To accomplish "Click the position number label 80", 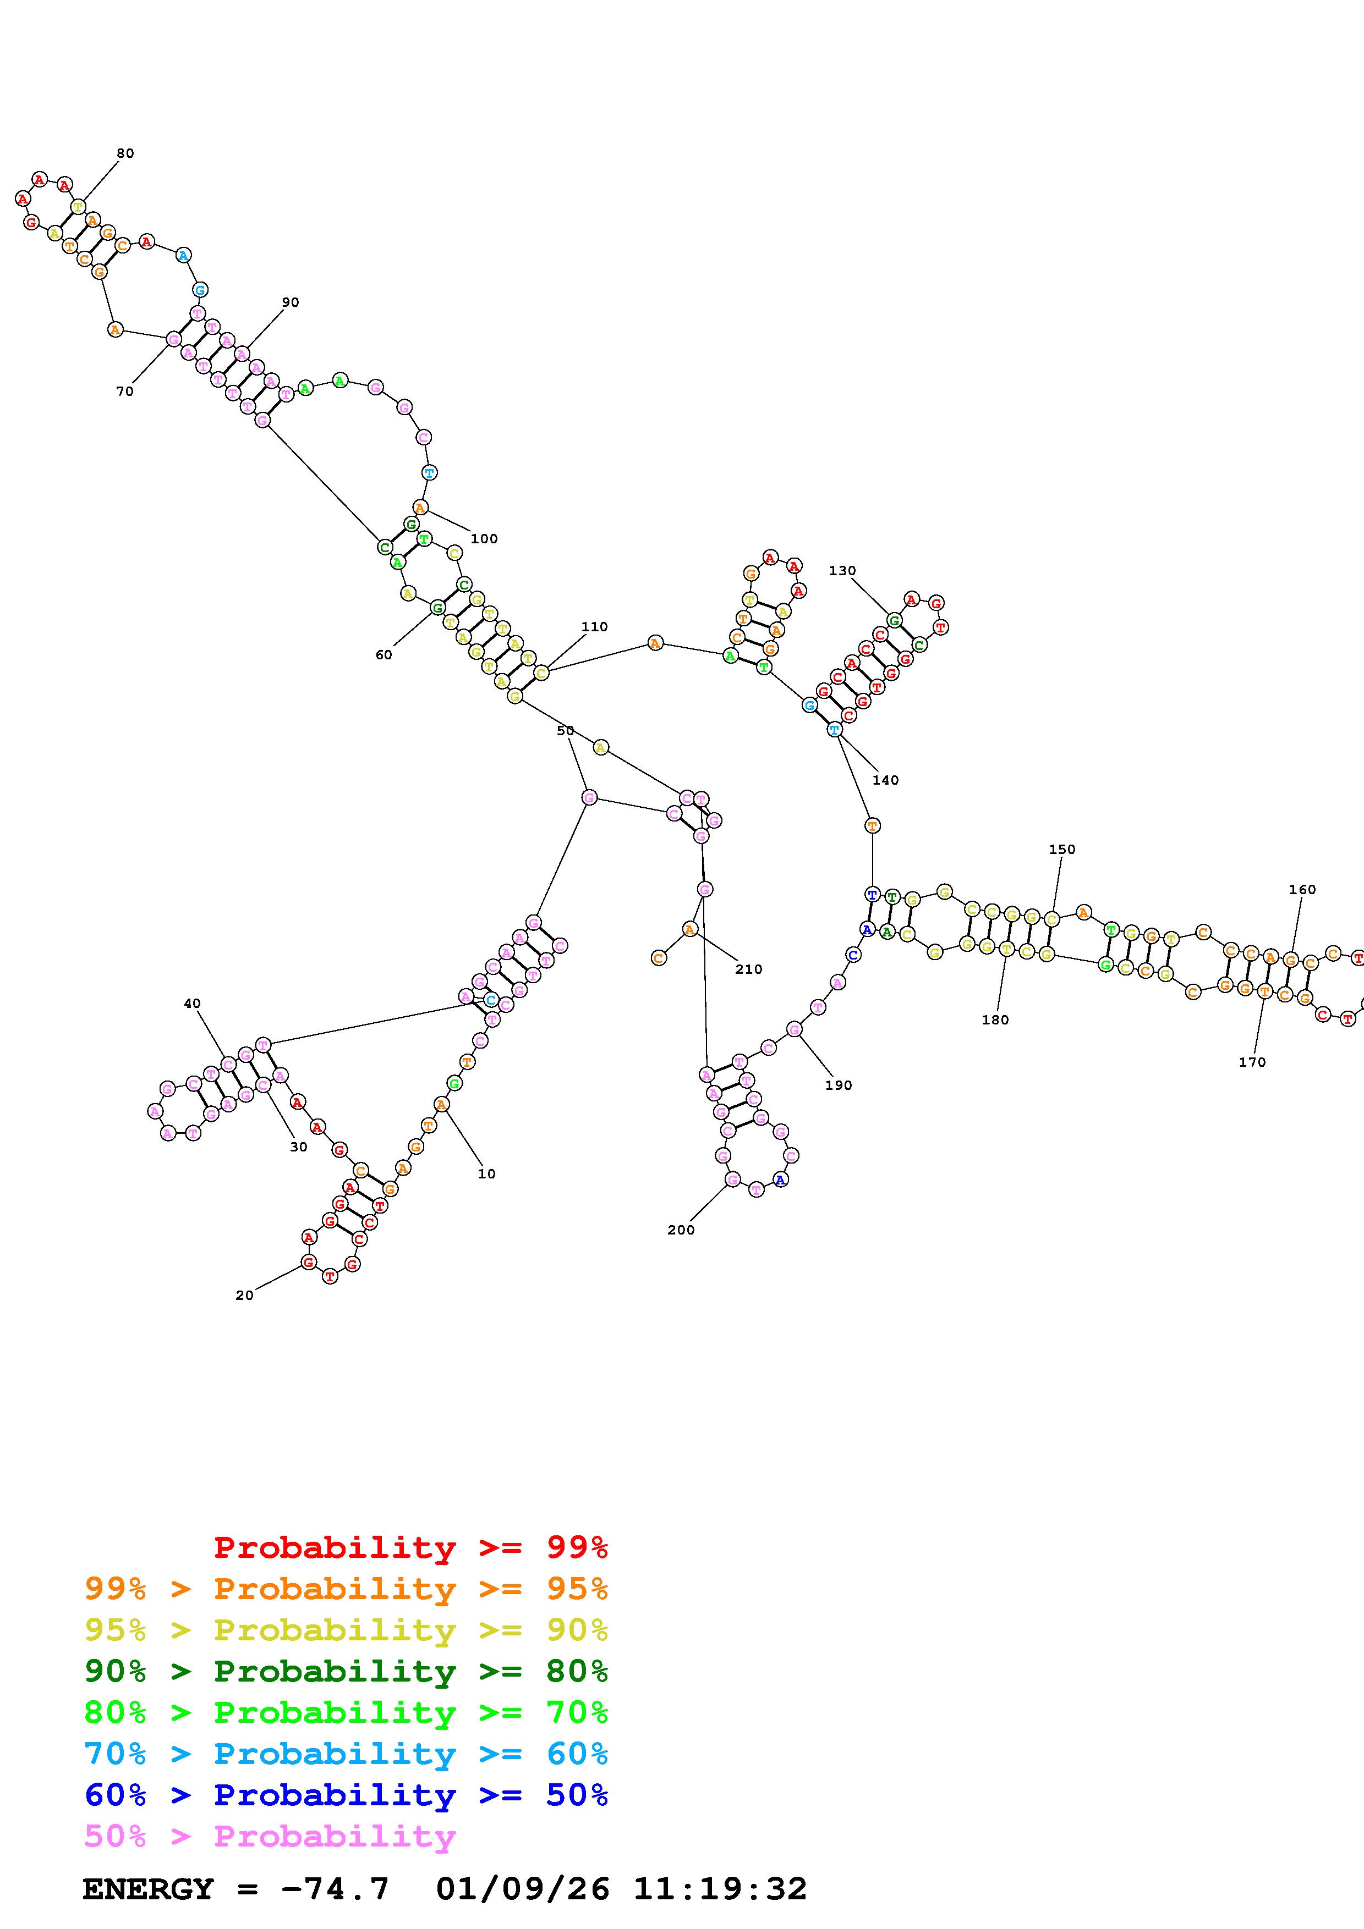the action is point(125,153).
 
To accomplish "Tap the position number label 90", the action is point(290,302).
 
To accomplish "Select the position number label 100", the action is point(484,538).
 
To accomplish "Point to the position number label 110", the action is point(594,627).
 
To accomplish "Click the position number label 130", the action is point(842,570).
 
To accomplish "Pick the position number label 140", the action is point(885,780).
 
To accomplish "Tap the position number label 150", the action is point(1061,850).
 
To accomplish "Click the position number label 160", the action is point(1302,890).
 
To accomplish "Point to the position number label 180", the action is point(994,1020).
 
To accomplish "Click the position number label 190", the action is point(838,1085).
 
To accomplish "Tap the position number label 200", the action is point(681,1230).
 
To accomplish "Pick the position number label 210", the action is point(748,969).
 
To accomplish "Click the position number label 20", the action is point(244,1296).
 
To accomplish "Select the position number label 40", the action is point(193,1003).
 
